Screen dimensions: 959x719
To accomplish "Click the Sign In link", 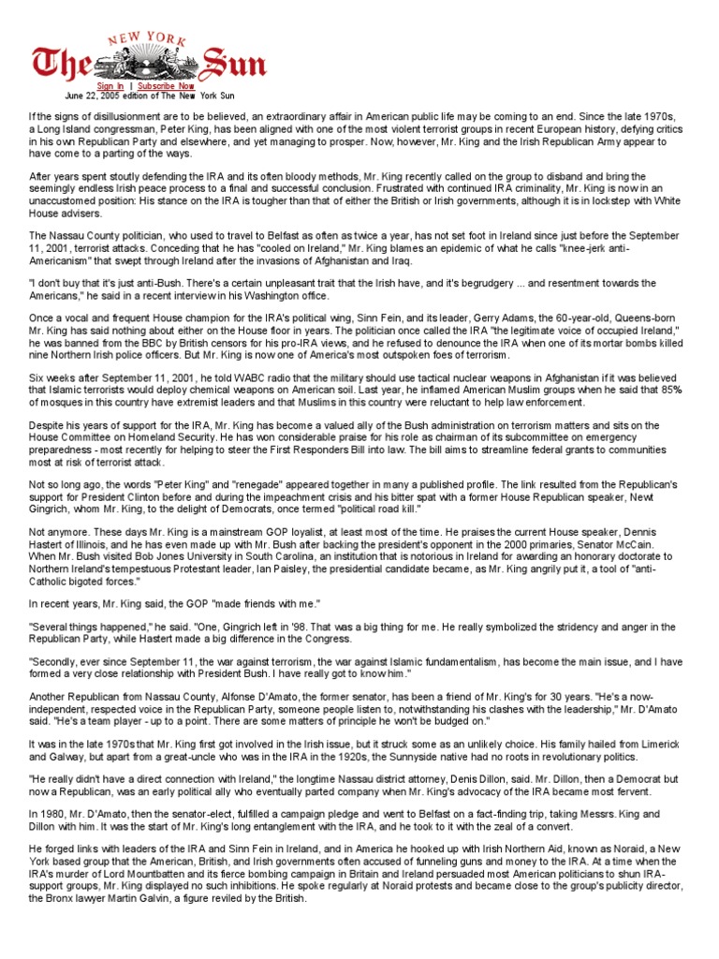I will pos(110,85).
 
